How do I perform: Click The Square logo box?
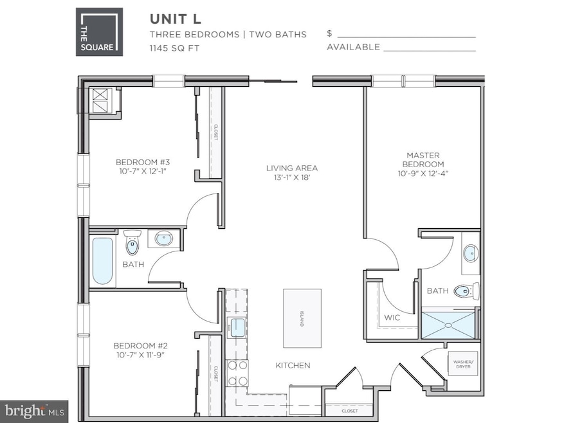(x=100, y=31)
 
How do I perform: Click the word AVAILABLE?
(x=353, y=48)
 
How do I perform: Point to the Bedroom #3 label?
(x=142, y=162)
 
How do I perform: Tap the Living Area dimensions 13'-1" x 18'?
(x=292, y=178)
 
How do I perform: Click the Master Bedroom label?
(x=423, y=159)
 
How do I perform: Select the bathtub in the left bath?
(x=102, y=261)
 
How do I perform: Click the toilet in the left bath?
(x=132, y=243)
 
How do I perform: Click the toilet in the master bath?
(x=466, y=291)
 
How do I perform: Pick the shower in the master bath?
(x=450, y=324)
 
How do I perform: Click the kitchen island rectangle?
(x=302, y=318)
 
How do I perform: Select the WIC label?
(x=392, y=318)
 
